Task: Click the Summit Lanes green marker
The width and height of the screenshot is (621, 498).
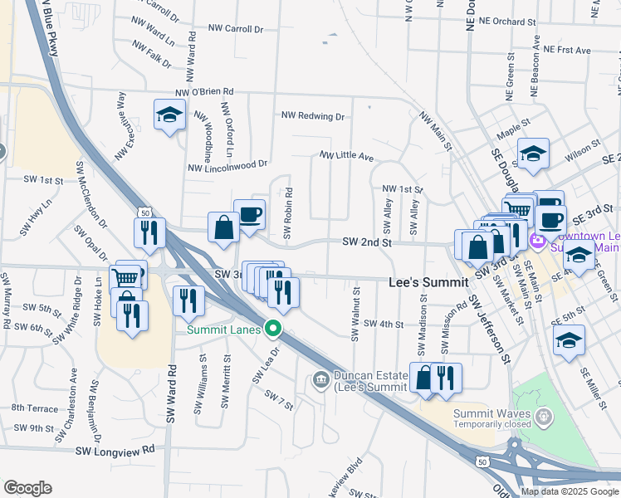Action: click(271, 330)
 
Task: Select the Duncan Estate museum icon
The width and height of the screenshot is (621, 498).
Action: click(321, 381)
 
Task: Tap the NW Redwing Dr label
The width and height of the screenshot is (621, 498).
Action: click(312, 117)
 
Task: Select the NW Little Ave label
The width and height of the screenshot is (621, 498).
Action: click(346, 156)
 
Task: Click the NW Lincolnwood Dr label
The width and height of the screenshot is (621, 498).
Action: click(228, 167)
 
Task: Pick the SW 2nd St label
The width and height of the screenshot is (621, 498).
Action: click(366, 242)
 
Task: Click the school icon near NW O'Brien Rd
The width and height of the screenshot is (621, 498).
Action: click(169, 115)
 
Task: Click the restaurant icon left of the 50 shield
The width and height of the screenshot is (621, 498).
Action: click(149, 233)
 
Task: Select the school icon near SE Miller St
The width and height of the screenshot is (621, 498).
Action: click(569, 340)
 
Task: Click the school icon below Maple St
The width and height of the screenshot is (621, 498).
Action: click(533, 154)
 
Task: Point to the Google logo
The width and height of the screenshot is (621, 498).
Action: click(28, 488)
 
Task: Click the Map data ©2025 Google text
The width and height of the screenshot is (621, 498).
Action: click(569, 491)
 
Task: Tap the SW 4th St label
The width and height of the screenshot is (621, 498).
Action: click(383, 325)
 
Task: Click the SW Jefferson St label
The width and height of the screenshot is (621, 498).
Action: click(487, 329)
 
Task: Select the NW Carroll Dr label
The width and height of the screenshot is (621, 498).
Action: click(235, 29)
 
